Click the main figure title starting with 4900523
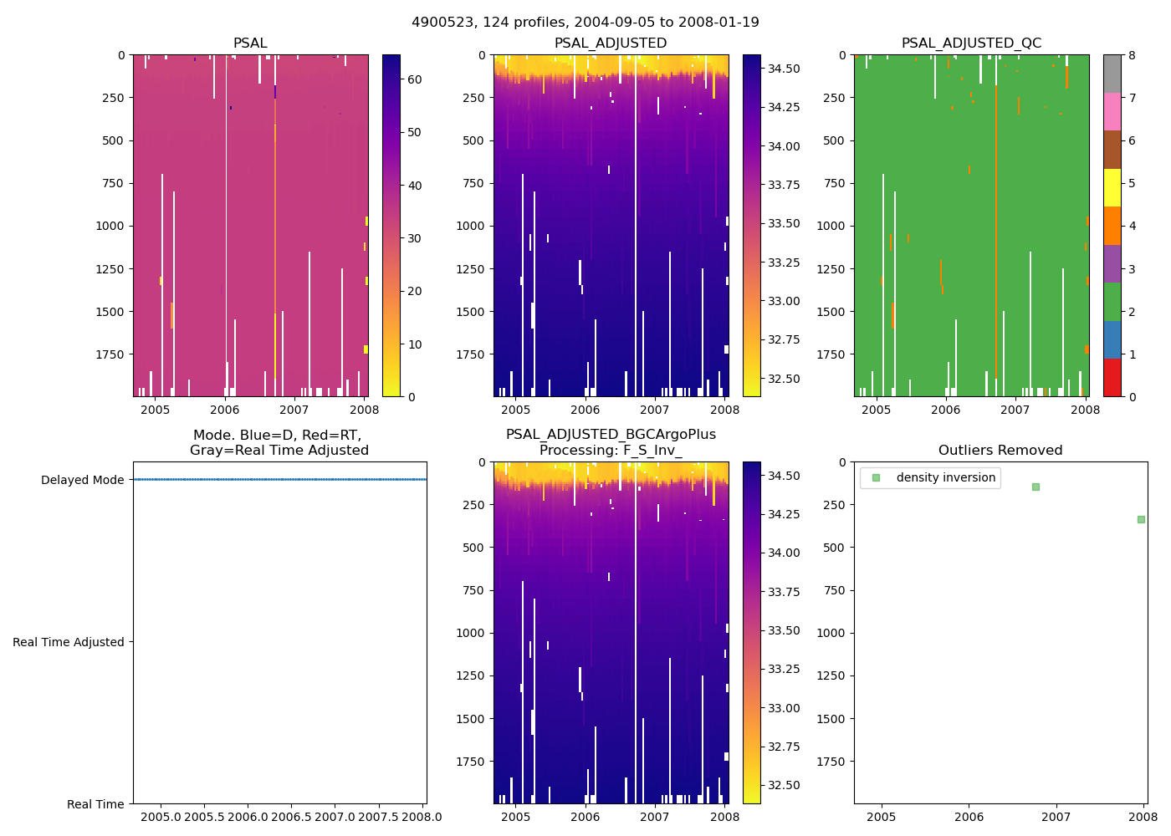585,23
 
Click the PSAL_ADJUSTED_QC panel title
971,43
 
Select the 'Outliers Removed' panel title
1000,451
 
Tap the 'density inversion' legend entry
945,477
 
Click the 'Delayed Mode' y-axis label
82,480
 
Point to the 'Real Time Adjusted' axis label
69,642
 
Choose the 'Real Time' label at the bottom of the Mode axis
95,804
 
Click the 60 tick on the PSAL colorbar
414,79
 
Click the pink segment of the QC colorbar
1112,111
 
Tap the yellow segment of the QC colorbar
1112,187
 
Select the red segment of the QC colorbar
1112,378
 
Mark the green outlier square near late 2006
1035,487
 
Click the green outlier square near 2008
1141,519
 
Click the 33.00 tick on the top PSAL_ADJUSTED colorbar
783,301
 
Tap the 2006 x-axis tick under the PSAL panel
224,410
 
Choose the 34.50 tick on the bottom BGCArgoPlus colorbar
783,476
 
